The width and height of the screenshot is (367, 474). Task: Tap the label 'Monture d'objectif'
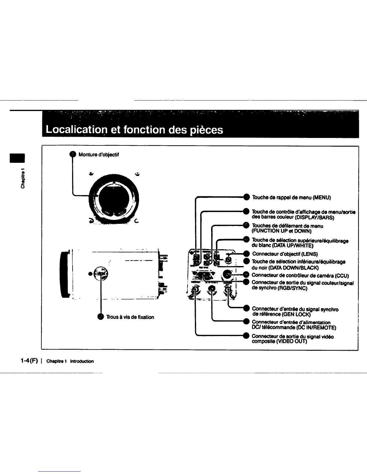coord(99,155)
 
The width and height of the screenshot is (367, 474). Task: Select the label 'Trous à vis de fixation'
coord(130,317)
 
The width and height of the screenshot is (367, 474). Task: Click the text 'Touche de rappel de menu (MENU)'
coord(291,197)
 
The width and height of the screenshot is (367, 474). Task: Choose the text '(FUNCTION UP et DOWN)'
coord(282,231)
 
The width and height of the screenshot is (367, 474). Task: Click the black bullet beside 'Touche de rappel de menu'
coord(246,197)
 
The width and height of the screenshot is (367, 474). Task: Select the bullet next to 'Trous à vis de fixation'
coord(100,317)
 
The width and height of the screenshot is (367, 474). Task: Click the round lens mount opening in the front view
coord(113,199)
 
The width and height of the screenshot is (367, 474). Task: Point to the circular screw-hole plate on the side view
coord(100,273)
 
